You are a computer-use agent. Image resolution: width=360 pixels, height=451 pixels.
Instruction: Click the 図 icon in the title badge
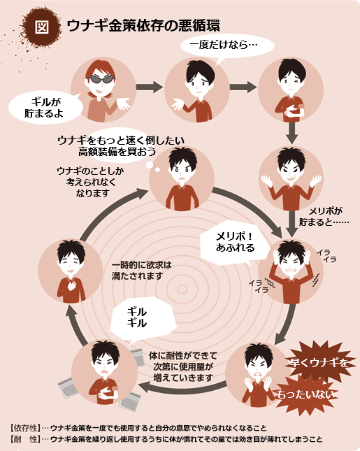pos(42,27)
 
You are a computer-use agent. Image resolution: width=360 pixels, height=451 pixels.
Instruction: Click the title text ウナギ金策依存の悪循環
pos(143,26)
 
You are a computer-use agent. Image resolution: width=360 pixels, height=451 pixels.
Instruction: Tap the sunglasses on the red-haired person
pos(101,79)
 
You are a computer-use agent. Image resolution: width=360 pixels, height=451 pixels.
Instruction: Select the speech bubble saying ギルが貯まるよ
pos(45,107)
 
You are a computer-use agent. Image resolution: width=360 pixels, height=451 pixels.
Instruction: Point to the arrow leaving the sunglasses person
pos(149,87)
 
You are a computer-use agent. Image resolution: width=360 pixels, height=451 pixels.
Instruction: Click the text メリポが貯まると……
pos(324,217)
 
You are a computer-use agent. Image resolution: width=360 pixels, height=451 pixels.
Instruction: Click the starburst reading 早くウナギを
pos(319,362)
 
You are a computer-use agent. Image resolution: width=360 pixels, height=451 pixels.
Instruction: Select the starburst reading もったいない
pos(305,394)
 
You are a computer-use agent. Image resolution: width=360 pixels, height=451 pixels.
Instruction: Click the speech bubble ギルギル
pos(143,318)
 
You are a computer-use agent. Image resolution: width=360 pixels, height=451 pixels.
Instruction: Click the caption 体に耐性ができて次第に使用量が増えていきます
pos(183,366)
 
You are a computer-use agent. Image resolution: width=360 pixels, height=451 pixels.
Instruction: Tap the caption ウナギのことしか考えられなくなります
pos(91,182)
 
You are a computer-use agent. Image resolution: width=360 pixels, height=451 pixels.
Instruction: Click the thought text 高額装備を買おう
pos(117,151)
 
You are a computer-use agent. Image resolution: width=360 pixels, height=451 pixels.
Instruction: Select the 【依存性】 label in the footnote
pos(25,428)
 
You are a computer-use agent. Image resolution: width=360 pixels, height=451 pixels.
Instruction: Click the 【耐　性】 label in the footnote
pos(25,439)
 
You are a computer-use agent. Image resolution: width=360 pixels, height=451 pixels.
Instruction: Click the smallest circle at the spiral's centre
pos(182,289)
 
